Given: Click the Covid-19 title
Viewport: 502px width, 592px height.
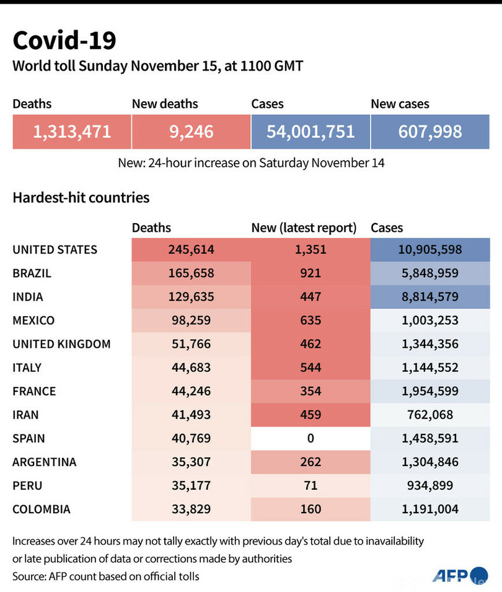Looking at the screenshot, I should click(64, 40).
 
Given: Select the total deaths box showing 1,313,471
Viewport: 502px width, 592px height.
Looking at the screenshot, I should click(72, 131).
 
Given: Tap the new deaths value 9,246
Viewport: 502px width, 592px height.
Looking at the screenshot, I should click(191, 131).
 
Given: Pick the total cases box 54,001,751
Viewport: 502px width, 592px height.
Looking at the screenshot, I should click(310, 131).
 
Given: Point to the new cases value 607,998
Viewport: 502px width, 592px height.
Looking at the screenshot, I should click(430, 131).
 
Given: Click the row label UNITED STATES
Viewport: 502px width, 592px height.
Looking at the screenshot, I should click(55, 250).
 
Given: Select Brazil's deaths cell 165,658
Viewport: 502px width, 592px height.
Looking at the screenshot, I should click(191, 273).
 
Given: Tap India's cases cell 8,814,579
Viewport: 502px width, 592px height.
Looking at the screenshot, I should click(430, 297).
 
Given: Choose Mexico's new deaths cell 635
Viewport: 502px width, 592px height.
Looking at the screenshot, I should click(310, 320).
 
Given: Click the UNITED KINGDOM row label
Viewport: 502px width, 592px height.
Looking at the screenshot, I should click(61, 344).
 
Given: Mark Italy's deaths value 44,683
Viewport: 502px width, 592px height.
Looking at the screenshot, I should click(191, 368).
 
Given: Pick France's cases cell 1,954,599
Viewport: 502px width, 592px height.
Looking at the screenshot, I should click(430, 391).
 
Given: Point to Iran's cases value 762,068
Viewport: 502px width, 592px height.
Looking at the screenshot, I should click(430, 415).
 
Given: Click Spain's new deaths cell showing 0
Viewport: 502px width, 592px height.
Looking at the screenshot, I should click(310, 438).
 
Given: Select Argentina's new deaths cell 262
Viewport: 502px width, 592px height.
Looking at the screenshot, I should click(310, 462).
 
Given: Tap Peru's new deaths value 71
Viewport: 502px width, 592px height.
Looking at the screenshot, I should click(310, 485).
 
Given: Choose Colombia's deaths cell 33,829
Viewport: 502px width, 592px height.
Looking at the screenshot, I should click(191, 509).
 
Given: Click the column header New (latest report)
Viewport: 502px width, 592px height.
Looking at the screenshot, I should click(304, 228).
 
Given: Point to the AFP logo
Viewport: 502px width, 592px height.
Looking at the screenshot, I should click(457, 576).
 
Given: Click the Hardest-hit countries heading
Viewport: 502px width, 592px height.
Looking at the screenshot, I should click(81, 198).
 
